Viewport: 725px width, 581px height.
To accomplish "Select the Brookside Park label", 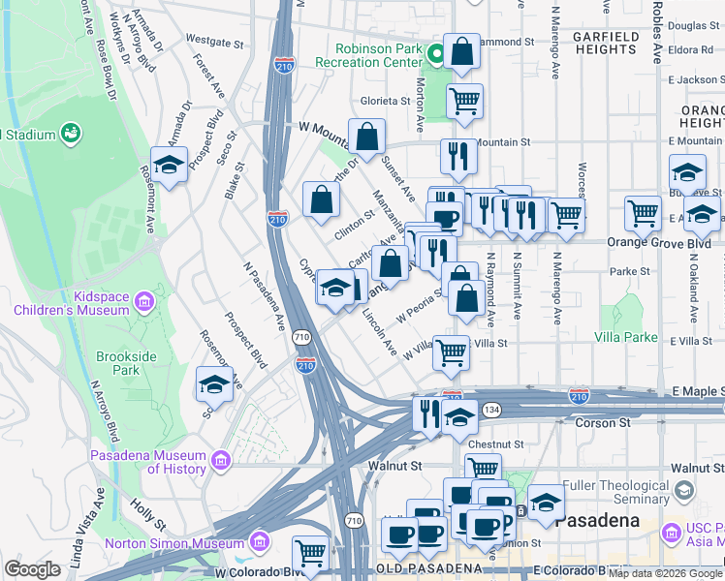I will tap(126, 363).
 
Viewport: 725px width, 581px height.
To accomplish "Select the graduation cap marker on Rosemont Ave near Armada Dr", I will tap(169, 165).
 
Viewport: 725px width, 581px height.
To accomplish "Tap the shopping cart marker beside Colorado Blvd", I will tap(310, 554).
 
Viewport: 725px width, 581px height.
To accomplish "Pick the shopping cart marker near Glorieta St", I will tap(465, 101).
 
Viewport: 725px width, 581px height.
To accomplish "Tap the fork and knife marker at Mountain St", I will tap(458, 156).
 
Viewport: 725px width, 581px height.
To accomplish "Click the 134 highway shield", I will tap(491, 410).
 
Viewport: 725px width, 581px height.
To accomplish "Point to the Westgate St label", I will tap(214, 43).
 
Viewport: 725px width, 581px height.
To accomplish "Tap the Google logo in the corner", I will tap(32, 569).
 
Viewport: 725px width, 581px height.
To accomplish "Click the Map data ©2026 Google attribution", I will tap(665, 573).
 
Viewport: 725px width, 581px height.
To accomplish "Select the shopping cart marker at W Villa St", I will tap(451, 353).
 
